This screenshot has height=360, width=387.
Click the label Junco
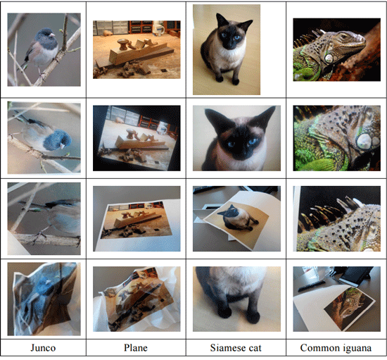click(43, 347)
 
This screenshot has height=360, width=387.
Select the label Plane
click(136, 347)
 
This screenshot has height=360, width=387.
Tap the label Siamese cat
click(236, 347)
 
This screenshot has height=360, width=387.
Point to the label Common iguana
click(336, 348)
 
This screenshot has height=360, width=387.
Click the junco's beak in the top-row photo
click(52, 35)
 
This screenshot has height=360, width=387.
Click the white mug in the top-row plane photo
click(158, 30)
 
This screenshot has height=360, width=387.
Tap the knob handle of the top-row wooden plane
click(122, 44)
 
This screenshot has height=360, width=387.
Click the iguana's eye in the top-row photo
click(343, 37)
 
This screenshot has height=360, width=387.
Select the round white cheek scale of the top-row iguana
click(329, 58)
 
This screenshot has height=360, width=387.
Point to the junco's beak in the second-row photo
click(63, 146)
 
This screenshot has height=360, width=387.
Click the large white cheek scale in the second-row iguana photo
click(364, 141)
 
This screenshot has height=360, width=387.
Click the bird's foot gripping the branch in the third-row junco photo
click(40, 236)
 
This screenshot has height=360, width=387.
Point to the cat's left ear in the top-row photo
click(221, 20)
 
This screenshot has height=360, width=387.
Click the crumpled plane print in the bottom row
click(138, 299)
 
